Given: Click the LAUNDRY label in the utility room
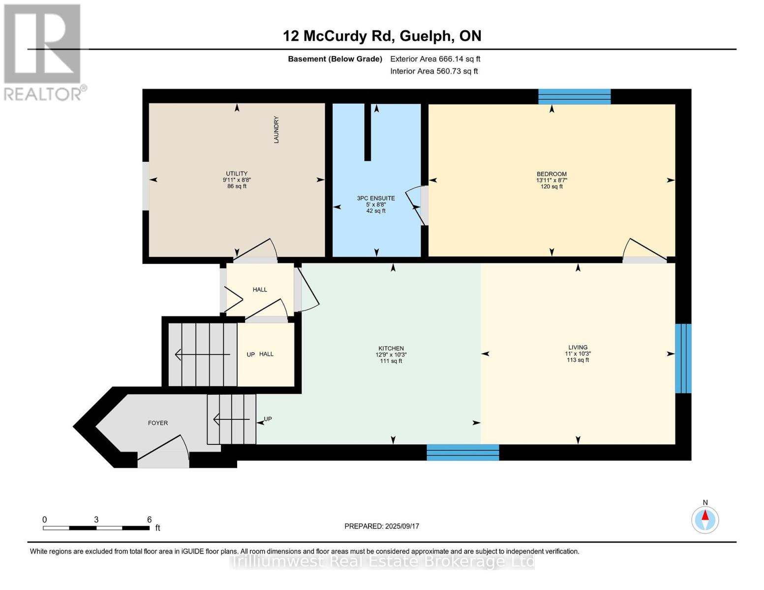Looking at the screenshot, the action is pos(276,130).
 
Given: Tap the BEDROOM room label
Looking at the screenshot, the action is pos(551,174).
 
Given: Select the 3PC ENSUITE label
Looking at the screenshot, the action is pos(376,198).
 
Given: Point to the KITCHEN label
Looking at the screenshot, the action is pos(391,348).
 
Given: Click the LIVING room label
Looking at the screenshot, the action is pos(578,347).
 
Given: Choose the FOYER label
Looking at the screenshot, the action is pos(158,423).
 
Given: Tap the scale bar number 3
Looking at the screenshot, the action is pos(96,520).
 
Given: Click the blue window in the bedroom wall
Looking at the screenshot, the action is pos(575,97).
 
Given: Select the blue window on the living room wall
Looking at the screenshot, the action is pos(683,358).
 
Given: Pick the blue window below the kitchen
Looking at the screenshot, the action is pos(463,453).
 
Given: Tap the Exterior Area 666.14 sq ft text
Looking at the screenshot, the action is pos(435,59).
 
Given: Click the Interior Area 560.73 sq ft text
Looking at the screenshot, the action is pos(434,71).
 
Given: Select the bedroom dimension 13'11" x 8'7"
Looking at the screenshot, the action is pos(551,180).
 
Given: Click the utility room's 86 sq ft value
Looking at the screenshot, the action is pos(237,186).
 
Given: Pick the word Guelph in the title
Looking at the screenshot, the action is pos(426,36).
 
